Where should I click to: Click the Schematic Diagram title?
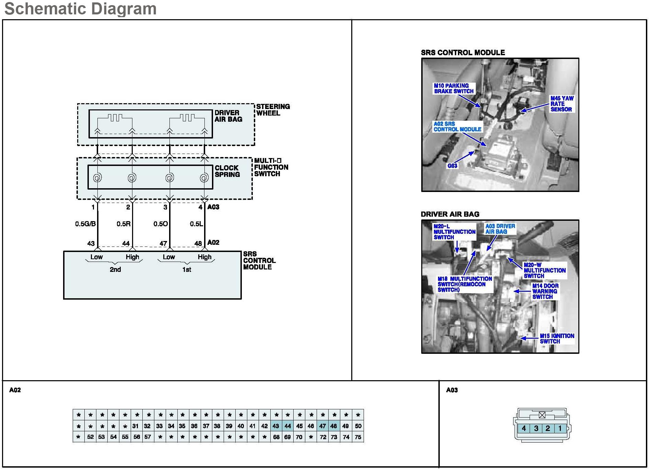coord(80,9)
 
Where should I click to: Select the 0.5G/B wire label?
coord(85,224)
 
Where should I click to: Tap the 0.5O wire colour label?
coord(161,224)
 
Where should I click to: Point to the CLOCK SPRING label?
coord(227,171)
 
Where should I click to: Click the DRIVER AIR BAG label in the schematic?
coord(228,116)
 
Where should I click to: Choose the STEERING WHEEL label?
coord(273,110)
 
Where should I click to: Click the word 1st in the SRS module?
coord(187,269)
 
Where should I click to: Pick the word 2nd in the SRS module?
coord(115,269)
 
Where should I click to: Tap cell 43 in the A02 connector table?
coord(276,426)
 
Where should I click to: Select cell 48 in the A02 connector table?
coord(334,426)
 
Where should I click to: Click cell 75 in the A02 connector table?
coord(358,437)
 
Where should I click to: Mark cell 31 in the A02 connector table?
coord(135,426)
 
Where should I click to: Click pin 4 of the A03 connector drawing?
coord(524,428)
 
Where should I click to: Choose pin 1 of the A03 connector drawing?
coord(560,428)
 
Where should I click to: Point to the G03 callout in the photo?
coord(452,166)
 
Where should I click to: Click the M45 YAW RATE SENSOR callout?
coord(562,104)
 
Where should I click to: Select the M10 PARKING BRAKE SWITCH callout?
coord(453,88)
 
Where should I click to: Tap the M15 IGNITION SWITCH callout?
coord(556,338)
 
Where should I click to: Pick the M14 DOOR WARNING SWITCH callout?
coord(545,291)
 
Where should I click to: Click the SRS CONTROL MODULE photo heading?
coord(463,52)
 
